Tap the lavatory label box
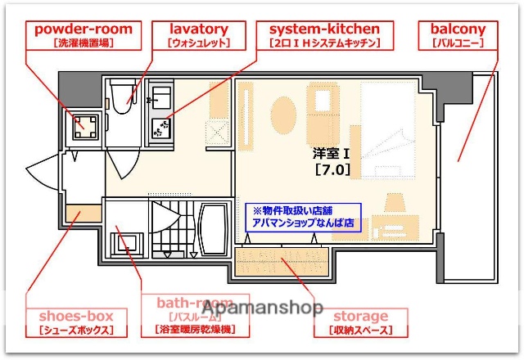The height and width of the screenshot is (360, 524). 198,34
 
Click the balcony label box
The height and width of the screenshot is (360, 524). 458,34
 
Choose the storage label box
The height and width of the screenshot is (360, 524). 361,322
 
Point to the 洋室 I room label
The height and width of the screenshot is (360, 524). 331,153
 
